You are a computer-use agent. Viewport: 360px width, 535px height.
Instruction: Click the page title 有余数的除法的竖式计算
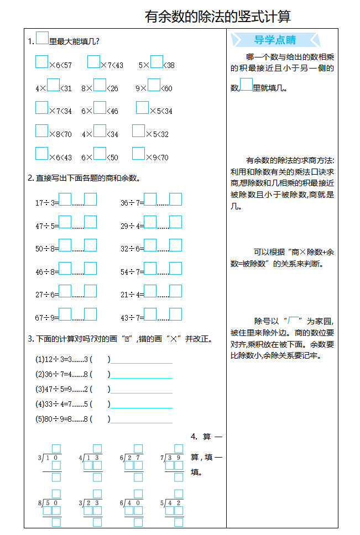(x=217, y=17)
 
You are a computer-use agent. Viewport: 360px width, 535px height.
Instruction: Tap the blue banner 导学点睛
(x=275, y=40)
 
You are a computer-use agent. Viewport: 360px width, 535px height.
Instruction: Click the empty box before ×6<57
(x=41, y=61)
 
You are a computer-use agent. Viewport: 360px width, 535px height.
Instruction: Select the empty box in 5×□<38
(x=156, y=61)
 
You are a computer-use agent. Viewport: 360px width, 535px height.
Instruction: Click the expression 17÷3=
(x=46, y=203)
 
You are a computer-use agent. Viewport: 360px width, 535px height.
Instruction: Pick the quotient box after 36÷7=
(x=150, y=199)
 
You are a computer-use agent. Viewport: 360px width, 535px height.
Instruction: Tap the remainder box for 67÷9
(x=90, y=314)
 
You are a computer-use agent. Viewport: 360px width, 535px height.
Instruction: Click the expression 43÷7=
(x=132, y=318)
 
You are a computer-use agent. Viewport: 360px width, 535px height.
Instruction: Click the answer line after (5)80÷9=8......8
(x=142, y=419)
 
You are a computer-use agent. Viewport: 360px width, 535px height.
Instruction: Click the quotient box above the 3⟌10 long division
(x=56, y=448)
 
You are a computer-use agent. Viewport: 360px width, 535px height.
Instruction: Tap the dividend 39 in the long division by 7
(x=175, y=458)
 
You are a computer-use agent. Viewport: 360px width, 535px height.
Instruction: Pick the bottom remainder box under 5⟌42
(x=178, y=522)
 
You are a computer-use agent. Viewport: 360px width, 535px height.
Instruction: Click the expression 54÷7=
(x=132, y=272)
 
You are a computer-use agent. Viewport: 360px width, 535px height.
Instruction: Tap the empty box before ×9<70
(x=138, y=153)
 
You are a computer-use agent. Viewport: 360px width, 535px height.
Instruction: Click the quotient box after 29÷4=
(x=150, y=222)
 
